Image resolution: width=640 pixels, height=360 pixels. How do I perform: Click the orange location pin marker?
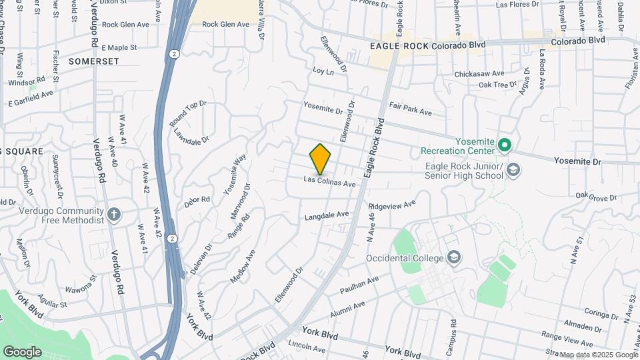(321, 159)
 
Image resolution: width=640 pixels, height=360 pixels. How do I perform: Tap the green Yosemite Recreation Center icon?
(505, 145)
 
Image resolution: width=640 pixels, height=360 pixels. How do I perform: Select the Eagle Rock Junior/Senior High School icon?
(513, 171)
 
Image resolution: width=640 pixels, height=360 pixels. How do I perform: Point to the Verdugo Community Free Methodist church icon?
(114, 215)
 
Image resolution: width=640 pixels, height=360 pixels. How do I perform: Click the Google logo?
(23, 351)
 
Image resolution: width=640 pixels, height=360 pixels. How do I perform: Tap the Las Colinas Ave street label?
(329, 181)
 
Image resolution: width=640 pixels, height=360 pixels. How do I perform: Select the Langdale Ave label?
(327, 215)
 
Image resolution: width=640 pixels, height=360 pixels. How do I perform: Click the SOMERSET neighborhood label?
(93, 61)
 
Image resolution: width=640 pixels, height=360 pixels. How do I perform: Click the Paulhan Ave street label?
(359, 283)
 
